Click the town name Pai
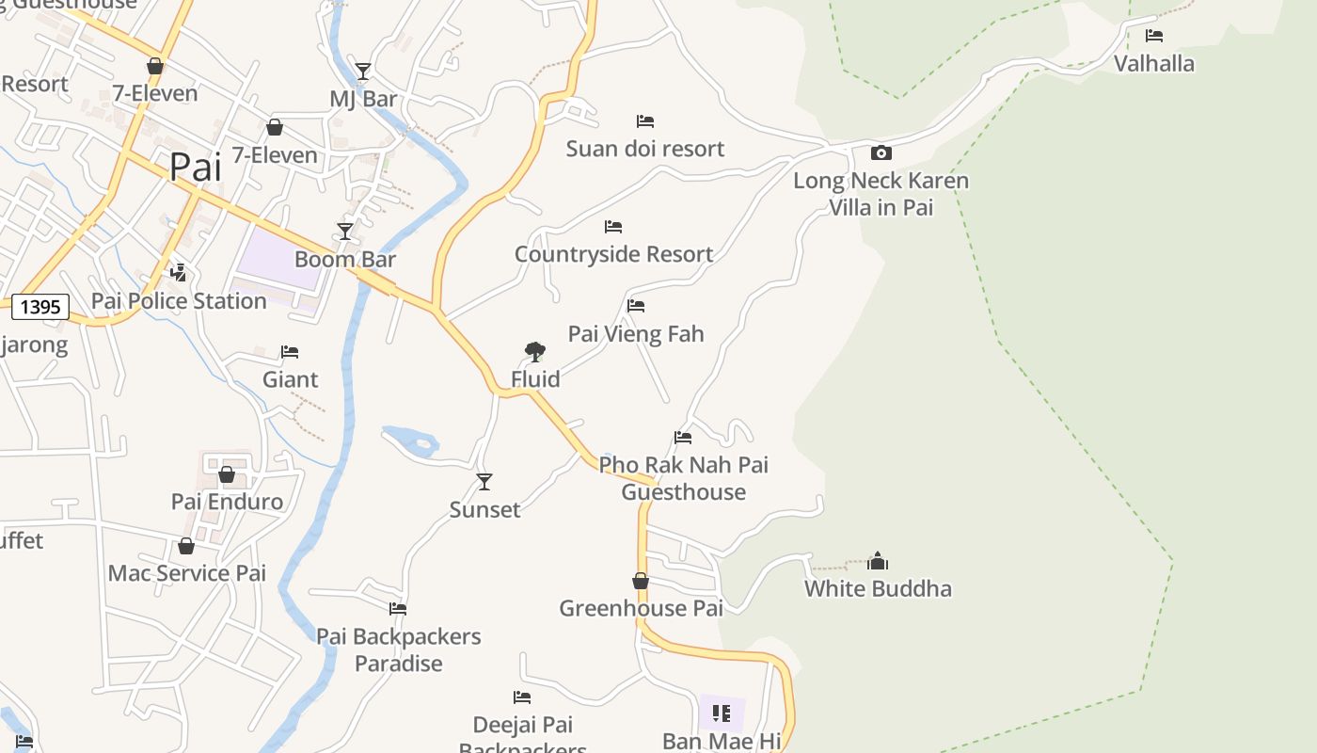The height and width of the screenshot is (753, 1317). tap(196, 168)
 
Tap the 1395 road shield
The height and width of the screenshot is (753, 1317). tap(40, 306)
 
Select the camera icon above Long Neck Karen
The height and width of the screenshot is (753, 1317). tap(881, 152)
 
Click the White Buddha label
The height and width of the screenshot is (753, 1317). tap(878, 589)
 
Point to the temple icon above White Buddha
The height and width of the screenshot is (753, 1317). tap(878, 561)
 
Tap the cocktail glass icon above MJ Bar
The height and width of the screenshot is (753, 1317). tap(363, 71)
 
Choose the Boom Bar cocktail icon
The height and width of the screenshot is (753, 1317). tap(345, 231)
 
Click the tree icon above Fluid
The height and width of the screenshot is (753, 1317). tap(535, 352)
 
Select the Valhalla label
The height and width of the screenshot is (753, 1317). tap(1154, 64)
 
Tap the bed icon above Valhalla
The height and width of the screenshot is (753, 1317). tap(1154, 36)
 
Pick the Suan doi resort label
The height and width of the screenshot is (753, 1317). tap(645, 149)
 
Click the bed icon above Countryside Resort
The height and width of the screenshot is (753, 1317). tap(613, 227)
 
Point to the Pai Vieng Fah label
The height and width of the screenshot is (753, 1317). tap(636, 334)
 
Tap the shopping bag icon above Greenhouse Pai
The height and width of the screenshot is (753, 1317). tap(641, 581)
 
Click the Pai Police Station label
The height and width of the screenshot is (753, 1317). tap(179, 301)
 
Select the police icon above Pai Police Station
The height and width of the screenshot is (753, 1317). tap(178, 273)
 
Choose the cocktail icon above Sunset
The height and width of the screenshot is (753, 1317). tap(484, 482)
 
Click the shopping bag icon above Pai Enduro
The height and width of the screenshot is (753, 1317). tap(227, 474)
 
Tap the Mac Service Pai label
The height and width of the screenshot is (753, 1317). tap(187, 573)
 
